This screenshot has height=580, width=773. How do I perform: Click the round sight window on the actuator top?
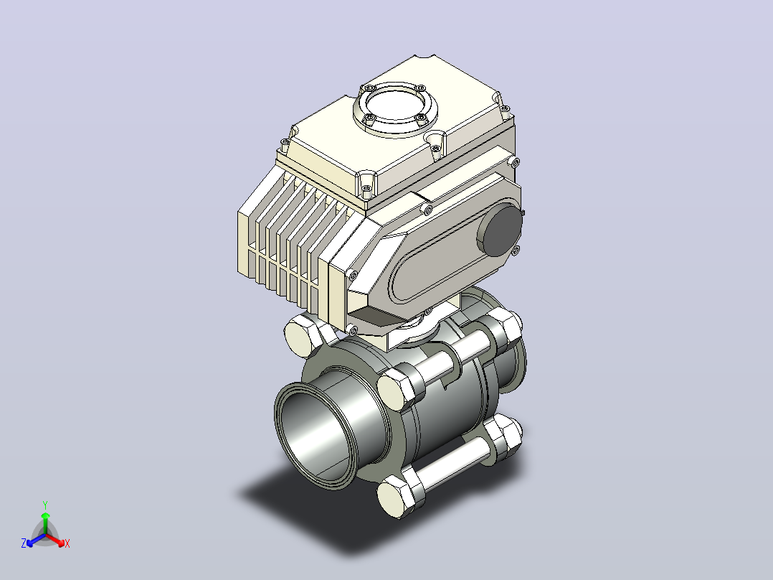pos(395,107)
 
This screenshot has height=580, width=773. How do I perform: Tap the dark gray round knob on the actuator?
pos(499,230)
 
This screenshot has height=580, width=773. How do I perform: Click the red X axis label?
pos(67,543)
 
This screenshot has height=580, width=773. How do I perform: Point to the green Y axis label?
pos(45,505)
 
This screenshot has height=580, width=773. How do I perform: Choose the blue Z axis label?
pos(24,543)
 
